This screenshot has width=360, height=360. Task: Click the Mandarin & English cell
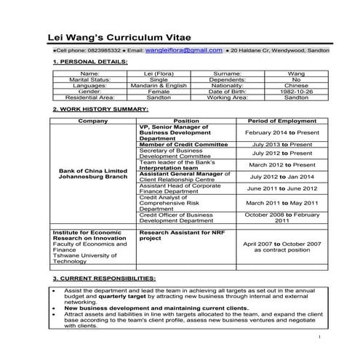pos(158,86)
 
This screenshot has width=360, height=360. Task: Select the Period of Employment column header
pos(280,120)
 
